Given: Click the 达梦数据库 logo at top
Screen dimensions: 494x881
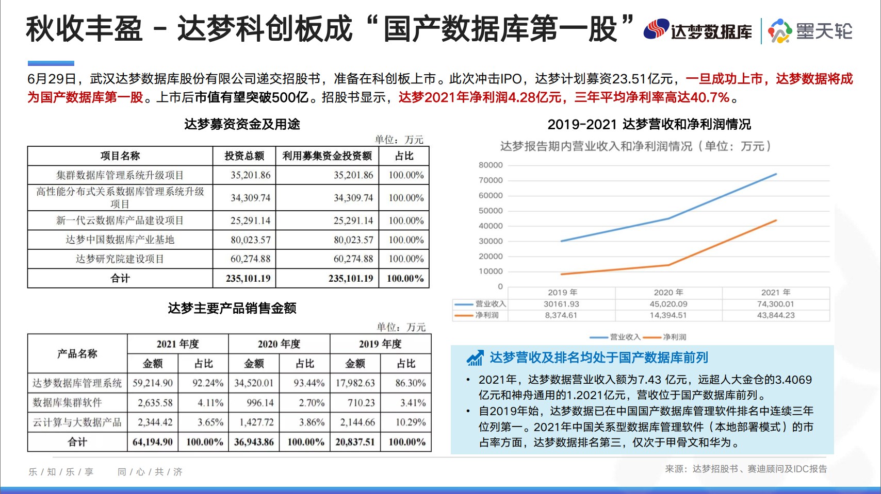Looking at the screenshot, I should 697,30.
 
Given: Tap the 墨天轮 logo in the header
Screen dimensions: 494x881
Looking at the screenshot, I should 810,31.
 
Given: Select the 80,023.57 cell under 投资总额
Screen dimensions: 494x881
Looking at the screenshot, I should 250,240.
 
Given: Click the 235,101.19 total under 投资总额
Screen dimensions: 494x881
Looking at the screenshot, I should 248,278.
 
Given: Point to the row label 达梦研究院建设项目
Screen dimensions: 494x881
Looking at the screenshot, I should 120,259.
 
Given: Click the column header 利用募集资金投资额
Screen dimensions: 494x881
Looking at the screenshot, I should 327,156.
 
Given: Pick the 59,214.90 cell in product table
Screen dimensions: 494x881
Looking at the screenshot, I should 153,383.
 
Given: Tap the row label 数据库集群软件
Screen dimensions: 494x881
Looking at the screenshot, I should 67,402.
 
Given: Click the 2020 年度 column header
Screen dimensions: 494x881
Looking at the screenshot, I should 279,344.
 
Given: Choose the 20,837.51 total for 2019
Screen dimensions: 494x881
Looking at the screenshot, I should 355,441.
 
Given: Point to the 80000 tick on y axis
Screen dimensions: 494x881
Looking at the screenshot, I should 491,165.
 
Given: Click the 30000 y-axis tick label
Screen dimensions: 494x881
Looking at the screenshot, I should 491,241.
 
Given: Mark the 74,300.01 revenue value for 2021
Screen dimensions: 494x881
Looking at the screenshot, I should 775,304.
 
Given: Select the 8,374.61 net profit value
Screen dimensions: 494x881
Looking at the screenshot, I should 561,315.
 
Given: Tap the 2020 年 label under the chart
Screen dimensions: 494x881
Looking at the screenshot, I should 668,292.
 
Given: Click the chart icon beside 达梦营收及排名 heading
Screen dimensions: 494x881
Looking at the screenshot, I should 475,357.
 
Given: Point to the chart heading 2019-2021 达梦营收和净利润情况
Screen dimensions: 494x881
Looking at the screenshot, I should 649,124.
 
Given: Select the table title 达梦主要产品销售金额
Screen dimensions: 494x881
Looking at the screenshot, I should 232,308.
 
